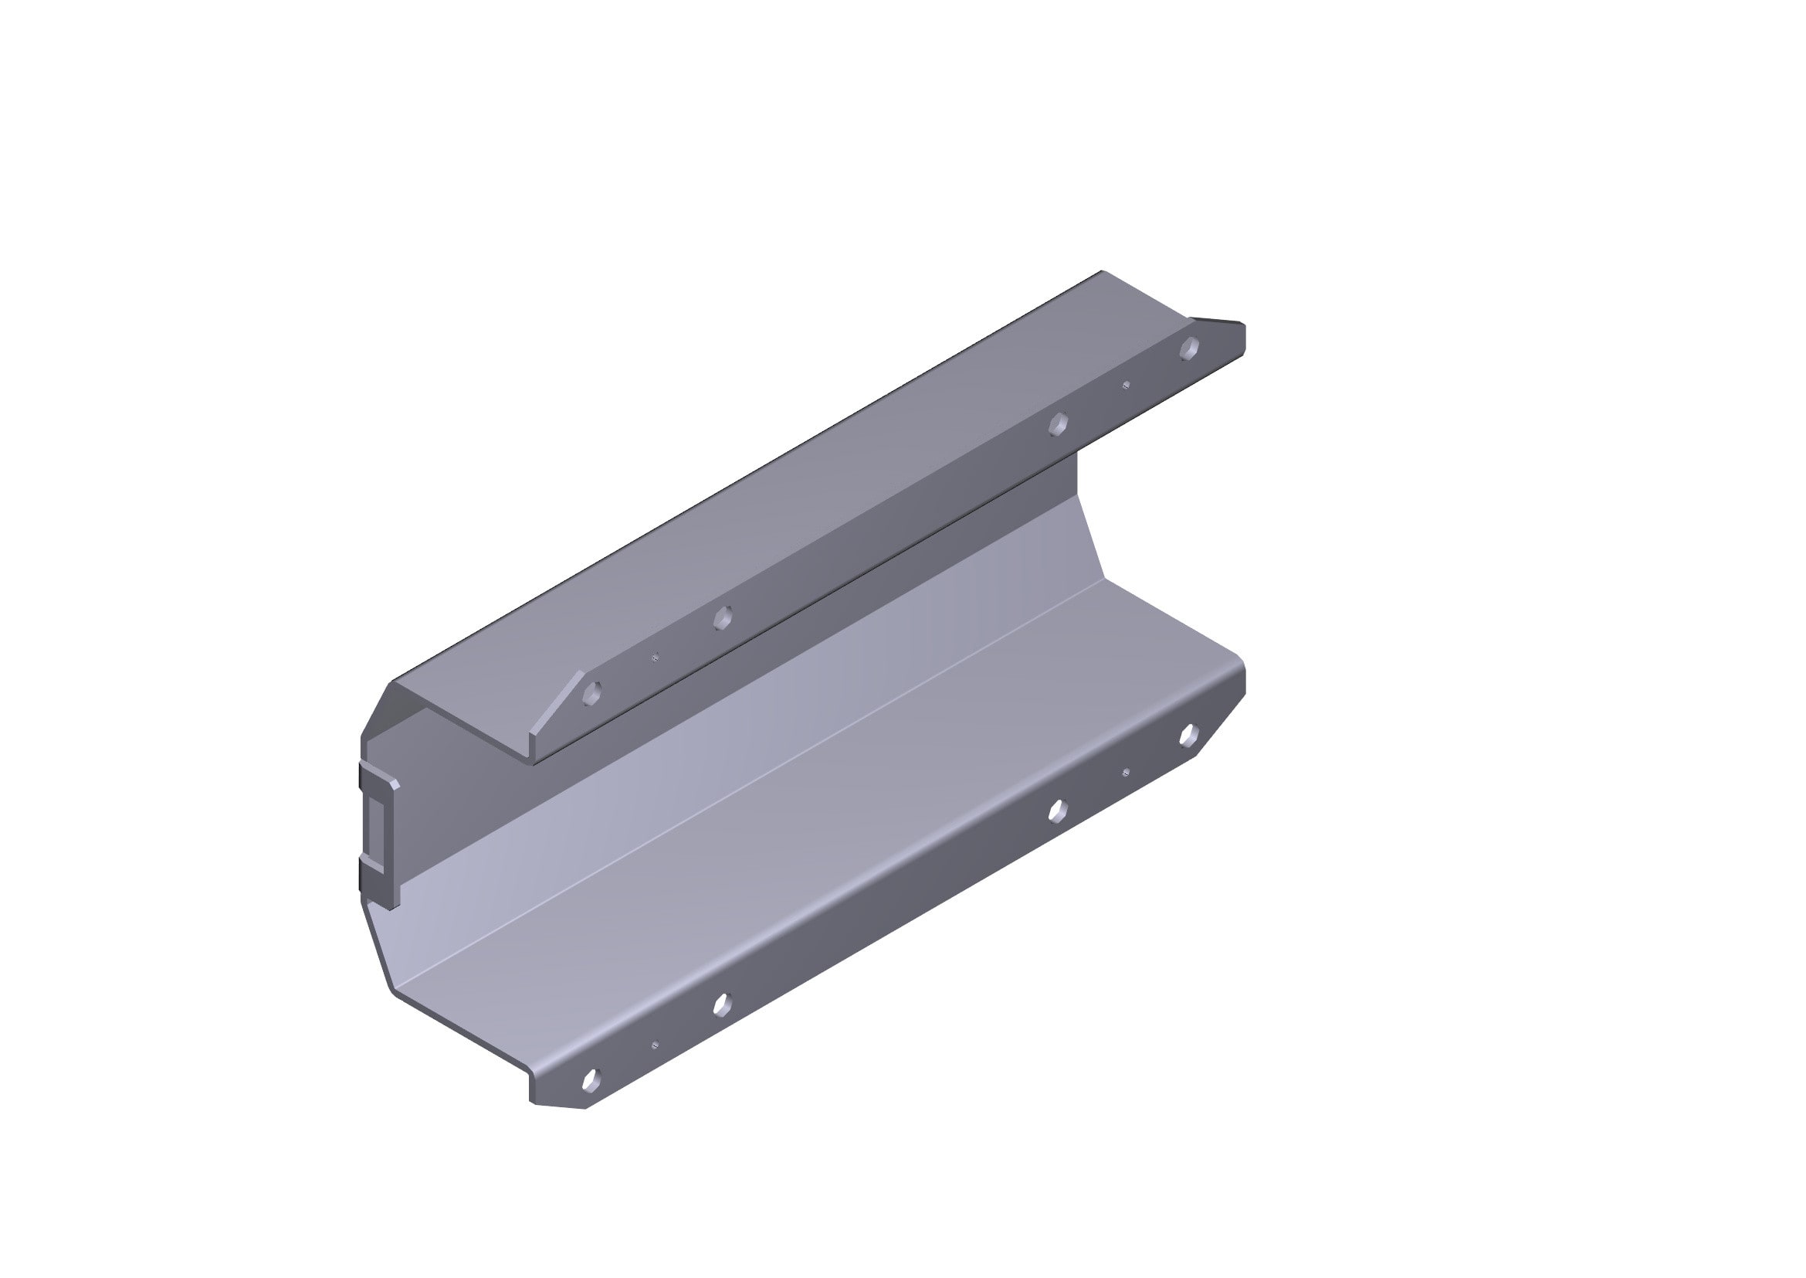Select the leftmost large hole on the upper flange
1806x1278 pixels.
tap(592, 692)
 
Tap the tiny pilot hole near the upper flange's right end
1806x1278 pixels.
tap(1127, 385)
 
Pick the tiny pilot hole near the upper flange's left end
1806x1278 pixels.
tap(656, 657)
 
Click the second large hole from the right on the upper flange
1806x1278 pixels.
tap(1059, 423)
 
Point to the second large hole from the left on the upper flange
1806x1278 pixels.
tap(722, 618)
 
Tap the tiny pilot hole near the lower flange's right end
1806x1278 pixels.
tap(1126, 772)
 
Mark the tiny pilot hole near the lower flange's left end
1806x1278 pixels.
tap(656, 1045)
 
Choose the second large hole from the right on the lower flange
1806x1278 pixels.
tap(1058, 810)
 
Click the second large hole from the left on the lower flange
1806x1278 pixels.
tap(721, 1004)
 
